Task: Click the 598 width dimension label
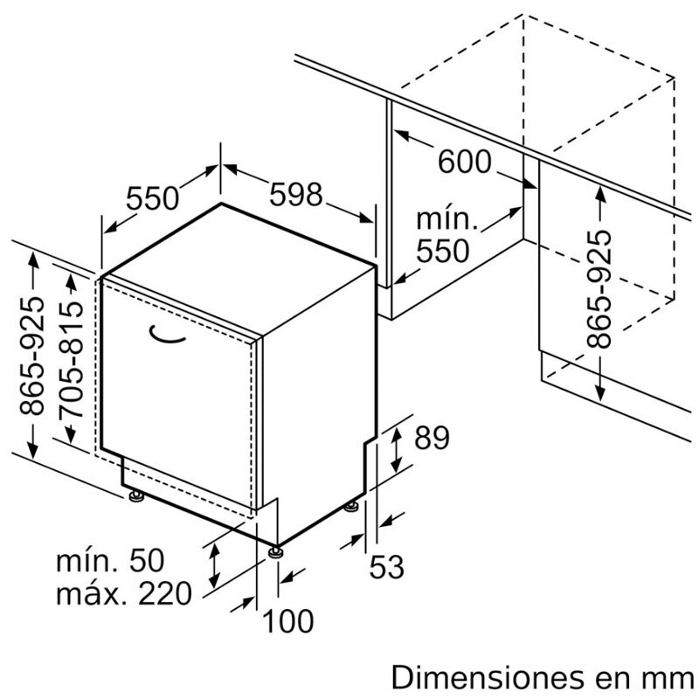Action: point(295,194)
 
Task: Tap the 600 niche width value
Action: point(465,162)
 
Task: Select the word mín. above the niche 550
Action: point(447,219)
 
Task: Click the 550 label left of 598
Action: point(152,198)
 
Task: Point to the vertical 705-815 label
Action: point(71,360)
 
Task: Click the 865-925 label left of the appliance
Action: point(32,356)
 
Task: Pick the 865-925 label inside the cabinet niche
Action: point(599,289)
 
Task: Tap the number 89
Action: point(432,438)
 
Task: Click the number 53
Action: point(386,566)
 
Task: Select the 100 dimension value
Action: point(288,621)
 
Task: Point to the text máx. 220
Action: point(123,593)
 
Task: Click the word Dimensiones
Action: point(488,678)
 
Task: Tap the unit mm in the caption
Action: point(668,681)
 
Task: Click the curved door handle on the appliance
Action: point(166,335)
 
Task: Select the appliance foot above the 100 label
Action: point(275,552)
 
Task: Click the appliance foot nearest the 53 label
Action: point(352,507)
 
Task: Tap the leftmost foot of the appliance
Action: point(135,495)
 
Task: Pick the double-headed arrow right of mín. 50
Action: point(214,565)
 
